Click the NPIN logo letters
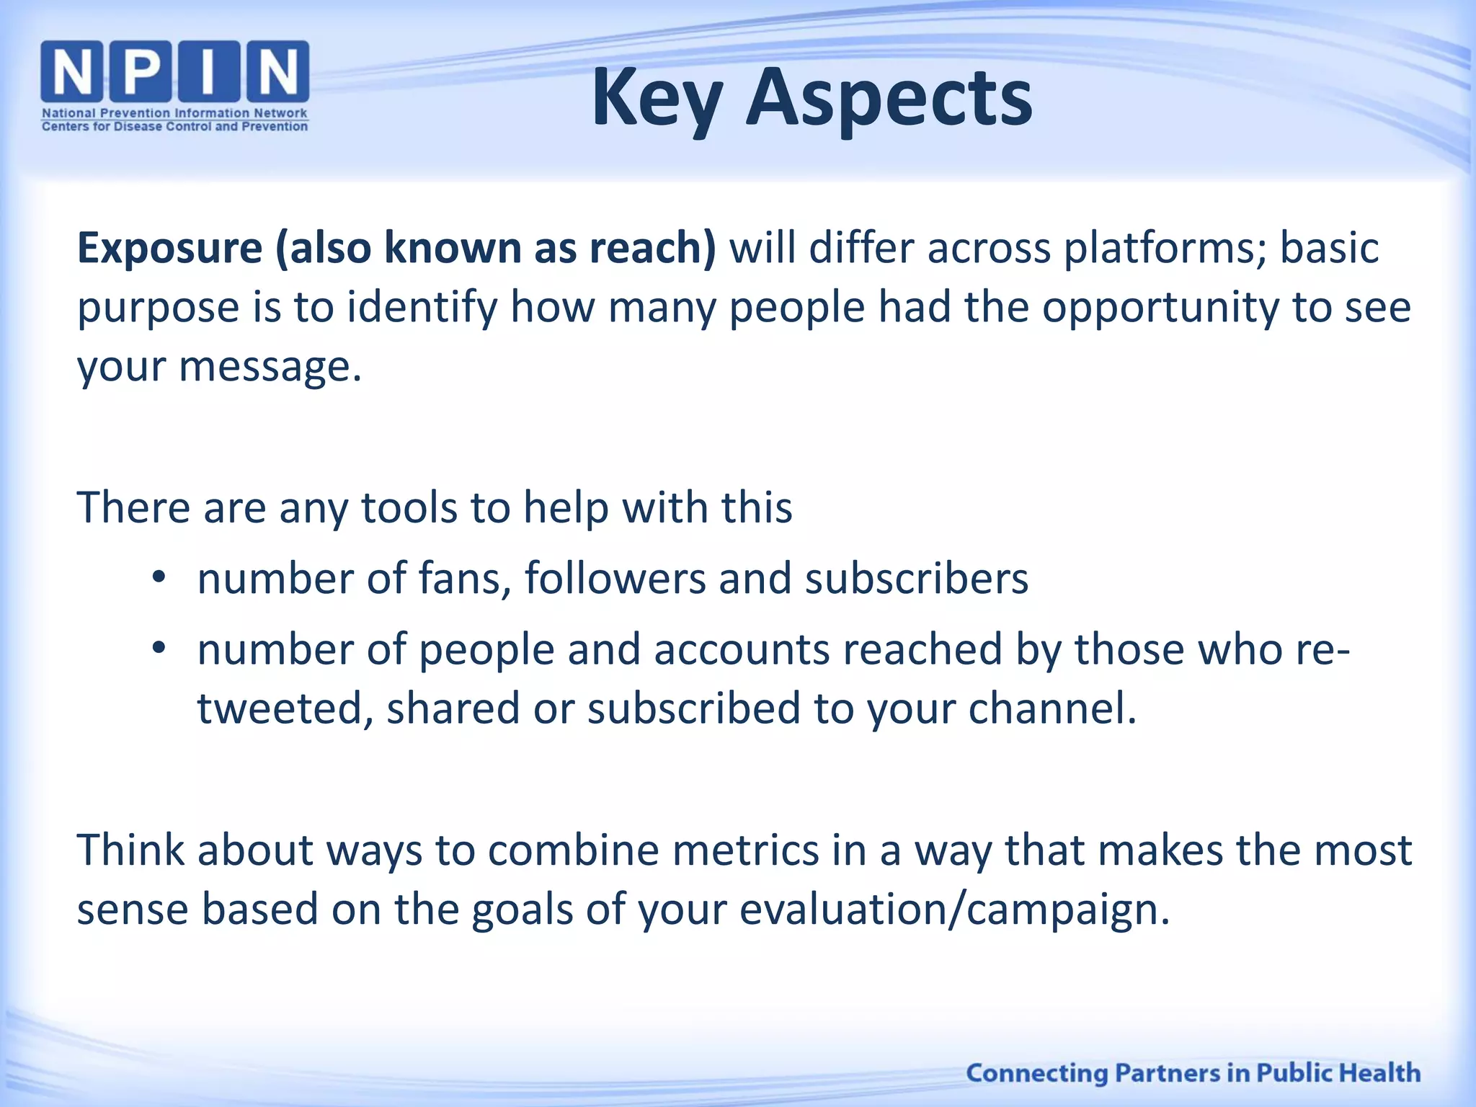click(x=174, y=71)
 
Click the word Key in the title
click(x=657, y=99)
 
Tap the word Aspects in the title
click(x=889, y=99)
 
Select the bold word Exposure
click(x=170, y=248)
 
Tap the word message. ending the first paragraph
click(x=270, y=367)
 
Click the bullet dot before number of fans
click(x=159, y=577)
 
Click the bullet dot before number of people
click(x=159, y=648)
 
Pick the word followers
click(x=615, y=578)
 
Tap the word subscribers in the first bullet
click(x=916, y=578)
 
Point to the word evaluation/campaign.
click(x=954, y=910)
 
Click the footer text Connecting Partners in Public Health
click(x=1193, y=1072)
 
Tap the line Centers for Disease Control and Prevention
click(x=174, y=127)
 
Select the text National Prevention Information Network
click(x=174, y=113)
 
